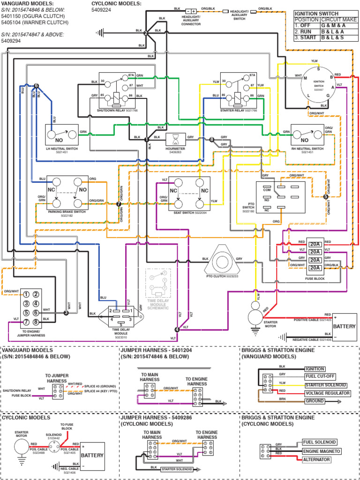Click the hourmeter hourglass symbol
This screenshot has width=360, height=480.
[x=175, y=139]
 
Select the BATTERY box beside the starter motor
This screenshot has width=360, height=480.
[x=345, y=326]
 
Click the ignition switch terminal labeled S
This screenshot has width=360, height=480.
[x=319, y=69]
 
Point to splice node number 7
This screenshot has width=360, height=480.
[x=118, y=204]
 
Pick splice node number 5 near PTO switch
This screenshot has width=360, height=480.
[x=326, y=197]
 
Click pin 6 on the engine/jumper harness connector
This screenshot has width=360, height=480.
[x=37, y=313]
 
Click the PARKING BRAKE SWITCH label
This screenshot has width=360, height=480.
[x=67, y=212]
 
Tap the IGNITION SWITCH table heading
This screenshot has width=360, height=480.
[x=313, y=14]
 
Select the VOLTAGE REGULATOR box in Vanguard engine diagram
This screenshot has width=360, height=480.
[x=327, y=393]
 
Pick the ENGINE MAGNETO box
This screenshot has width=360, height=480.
[x=321, y=451]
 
